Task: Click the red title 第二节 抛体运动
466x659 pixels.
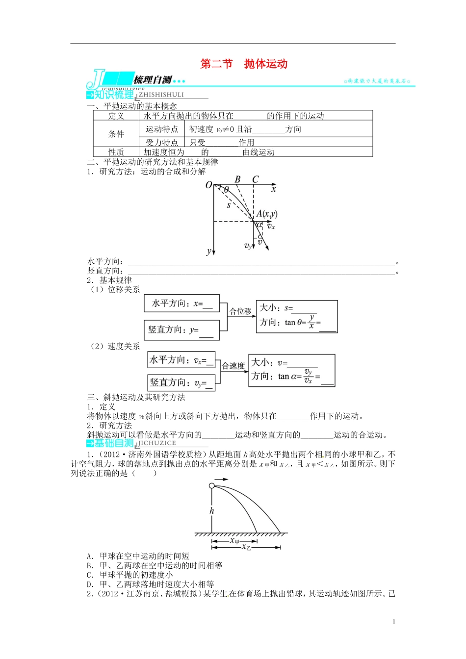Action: pos(244,64)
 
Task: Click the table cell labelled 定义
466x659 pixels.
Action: pos(116,116)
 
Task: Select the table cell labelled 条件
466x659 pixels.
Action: pos(116,134)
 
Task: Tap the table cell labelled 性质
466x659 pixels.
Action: pos(116,152)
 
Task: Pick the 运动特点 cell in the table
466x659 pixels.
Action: pos(162,129)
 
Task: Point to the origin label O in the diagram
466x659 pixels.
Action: pos(208,185)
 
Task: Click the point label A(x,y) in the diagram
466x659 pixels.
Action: pos(267,214)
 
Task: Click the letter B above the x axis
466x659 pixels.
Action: pos(237,179)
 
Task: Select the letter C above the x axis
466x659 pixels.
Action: pos(255,179)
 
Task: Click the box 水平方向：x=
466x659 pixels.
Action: pos(181,304)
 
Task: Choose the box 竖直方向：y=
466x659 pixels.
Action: pos(181,330)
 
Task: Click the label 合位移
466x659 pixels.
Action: pos(240,311)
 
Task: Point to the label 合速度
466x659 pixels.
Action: pos(233,366)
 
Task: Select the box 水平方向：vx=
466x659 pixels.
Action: pos(181,360)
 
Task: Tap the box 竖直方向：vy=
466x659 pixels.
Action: pos(181,382)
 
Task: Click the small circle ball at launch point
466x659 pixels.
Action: pos(212,486)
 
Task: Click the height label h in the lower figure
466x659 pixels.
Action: pos(212,510)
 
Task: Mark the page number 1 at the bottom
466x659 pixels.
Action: pos(394,622)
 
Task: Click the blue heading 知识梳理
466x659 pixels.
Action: pos(114,95)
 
